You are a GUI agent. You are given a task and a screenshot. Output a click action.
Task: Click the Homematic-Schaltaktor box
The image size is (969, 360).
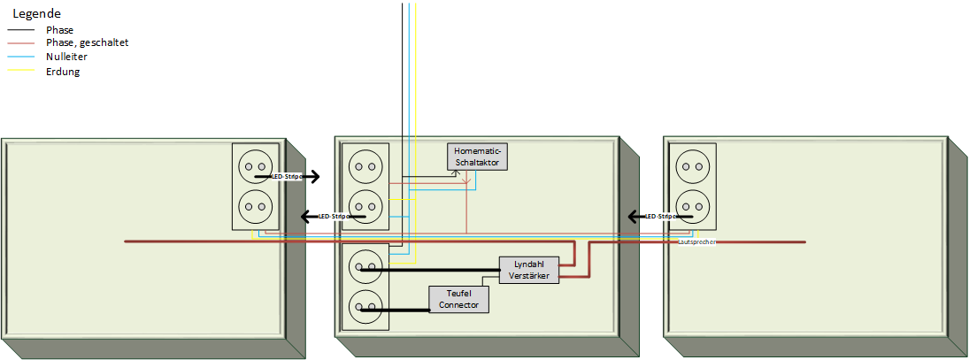tap(478, 157)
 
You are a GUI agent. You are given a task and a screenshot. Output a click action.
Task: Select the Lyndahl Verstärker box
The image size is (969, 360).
tap(529, 270)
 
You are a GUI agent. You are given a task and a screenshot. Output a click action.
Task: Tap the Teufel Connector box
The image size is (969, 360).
tap(458, 299)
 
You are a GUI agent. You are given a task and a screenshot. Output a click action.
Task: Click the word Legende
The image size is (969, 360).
tap(37, 13)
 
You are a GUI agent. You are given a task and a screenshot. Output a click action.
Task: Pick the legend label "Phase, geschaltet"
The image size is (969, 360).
tap(88, 42)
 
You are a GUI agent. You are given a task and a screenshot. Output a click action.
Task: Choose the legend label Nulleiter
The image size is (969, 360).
tap(66, 57)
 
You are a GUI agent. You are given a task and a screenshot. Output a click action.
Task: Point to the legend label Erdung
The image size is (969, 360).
tap(63, 72)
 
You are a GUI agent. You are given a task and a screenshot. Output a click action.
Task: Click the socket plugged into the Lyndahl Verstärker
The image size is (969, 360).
tap(365, 264)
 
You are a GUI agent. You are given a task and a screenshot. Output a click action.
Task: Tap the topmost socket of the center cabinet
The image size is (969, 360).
tap(365, 166)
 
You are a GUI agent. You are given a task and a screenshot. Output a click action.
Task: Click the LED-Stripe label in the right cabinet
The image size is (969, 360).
tap(662, 217)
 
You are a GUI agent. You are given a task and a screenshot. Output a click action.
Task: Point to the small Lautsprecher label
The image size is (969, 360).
tap(696, 241)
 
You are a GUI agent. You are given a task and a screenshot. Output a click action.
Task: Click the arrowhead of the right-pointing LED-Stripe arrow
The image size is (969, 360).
tap(314, 177)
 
